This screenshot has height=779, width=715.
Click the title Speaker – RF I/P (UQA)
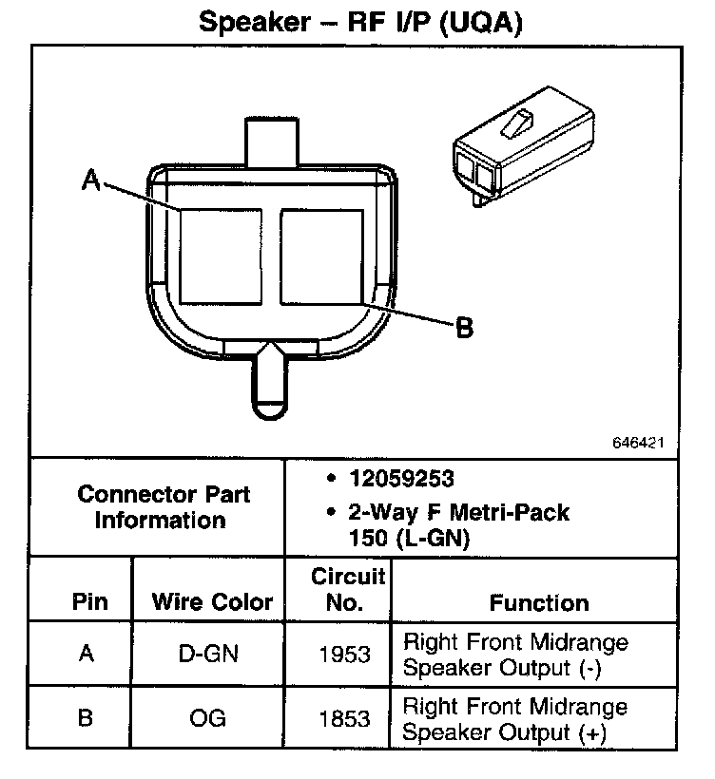pyautogui.click(x=360, y=22)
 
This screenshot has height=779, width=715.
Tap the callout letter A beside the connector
pyautogui.click(x=91, y=180)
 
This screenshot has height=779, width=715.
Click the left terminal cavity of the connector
pyautogui.click(x=221, y=256)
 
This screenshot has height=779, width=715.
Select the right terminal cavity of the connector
pyautogui.click(x=321, y=256)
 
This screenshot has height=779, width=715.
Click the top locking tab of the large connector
pyautogui.click(x=272, y=142)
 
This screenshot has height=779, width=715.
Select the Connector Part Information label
pyautogui.click(x=164, y=507)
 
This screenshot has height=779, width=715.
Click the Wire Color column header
pyautogui.click(x=212, y=602)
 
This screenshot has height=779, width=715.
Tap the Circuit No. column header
pyautogui.click(x=348, y=589)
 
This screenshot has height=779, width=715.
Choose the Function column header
pyautogui.click(x=539, y=602)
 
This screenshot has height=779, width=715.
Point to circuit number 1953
pyautogui.click(x=345, y=655)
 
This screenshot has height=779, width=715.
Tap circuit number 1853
pyautogui.click(x=345, y=718)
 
